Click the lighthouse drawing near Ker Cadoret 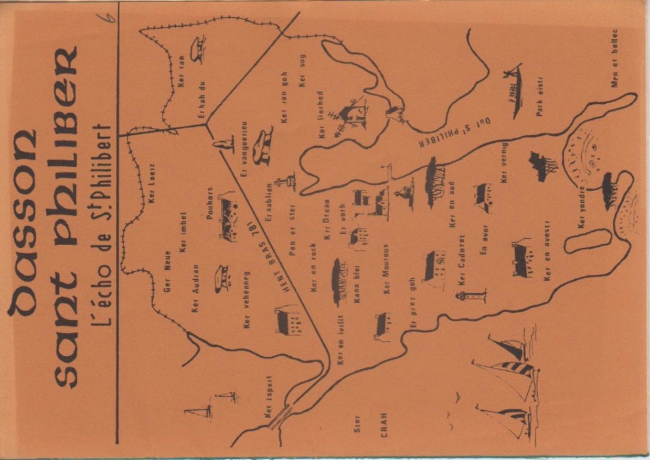(x=471, y=297)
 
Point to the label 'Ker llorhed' (x=321, y=115)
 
